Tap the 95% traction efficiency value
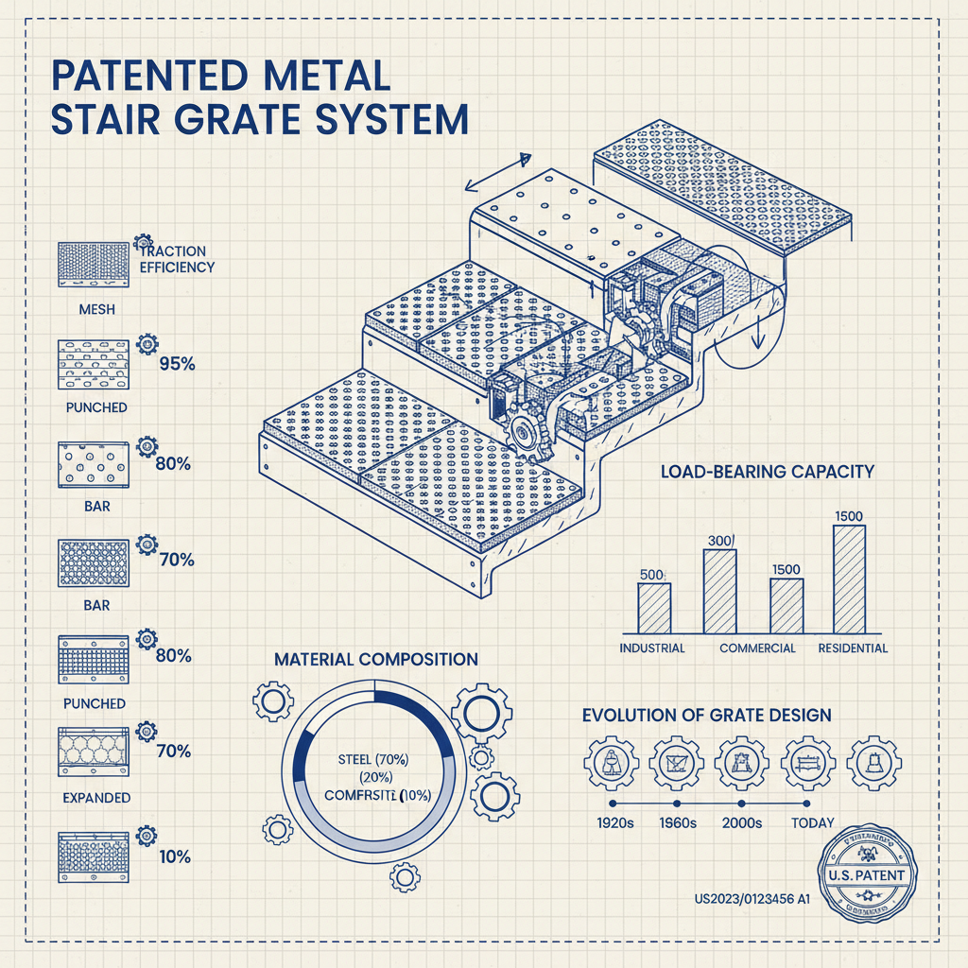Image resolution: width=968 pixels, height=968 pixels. pos(177,363)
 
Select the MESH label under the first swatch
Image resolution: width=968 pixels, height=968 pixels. pos(96,309)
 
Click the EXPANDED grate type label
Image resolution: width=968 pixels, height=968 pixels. pos(96,798)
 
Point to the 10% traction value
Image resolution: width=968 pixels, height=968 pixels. pos(175,857)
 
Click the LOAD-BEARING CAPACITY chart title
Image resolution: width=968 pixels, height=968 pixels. pos(767,471)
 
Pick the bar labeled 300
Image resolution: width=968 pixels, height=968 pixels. pos(719,591)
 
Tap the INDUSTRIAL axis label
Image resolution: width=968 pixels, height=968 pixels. pos(652,648)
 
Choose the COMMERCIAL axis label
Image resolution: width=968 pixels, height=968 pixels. pos(757,648)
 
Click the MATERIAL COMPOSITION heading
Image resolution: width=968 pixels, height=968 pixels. pos(376,659)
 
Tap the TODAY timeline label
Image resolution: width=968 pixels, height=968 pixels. pos(812,822)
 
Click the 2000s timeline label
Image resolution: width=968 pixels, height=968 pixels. pos(741,822)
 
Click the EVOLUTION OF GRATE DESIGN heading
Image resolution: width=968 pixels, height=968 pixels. pos(707,715)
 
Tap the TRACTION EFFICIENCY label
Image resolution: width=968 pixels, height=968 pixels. pos(177,259)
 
